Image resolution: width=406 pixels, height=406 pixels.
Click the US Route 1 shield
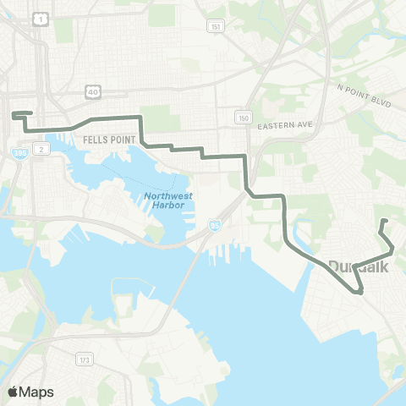point(39,17)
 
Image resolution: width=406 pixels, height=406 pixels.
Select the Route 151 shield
point(217,27)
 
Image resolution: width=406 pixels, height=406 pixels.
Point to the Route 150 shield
point(244,117)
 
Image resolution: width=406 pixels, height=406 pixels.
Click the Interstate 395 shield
point(19,152)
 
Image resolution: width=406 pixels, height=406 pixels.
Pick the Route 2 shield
point(41,149)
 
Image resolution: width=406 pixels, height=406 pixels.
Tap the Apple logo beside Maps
point(14,391)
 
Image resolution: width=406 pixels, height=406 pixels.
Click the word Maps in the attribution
point(36,391)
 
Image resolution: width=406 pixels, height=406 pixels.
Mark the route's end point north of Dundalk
point(383,221)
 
